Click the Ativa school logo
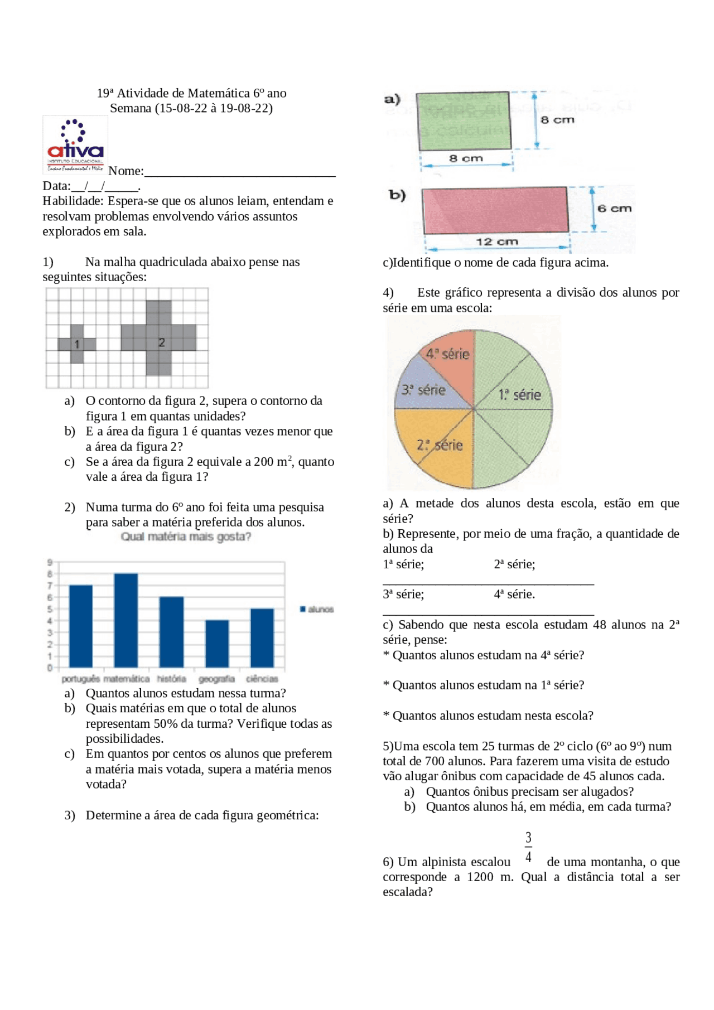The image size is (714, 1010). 75,145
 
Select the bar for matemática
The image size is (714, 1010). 126,620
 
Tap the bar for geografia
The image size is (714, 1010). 217,644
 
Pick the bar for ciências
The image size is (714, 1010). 262,637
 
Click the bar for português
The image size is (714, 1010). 81,626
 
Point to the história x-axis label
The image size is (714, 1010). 171,679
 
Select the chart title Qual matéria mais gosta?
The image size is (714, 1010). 186,537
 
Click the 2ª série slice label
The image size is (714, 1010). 440,445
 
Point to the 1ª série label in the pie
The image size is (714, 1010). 519,395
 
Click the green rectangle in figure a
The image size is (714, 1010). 464,120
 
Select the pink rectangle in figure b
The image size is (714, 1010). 495,210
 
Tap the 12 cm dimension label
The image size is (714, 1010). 496,241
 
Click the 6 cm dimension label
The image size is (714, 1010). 614,209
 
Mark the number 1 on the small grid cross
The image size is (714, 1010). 77,344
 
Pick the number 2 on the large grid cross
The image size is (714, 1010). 162,342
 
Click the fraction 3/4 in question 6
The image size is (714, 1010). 528,847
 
